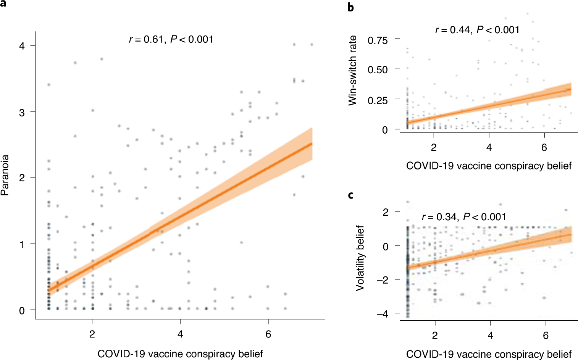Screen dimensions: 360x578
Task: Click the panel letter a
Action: (4, 4)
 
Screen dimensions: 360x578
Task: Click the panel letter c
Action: (350, 195)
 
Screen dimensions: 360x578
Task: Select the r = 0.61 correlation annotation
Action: (171, 39)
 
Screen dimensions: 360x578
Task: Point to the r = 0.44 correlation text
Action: (477, 30)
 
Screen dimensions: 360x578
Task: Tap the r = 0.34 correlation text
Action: (464, 217)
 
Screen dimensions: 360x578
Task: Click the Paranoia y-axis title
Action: (5, 175)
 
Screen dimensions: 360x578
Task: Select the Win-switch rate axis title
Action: (352, 71)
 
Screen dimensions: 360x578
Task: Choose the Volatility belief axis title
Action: (360, 258)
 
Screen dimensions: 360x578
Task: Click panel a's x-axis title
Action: (180, 354)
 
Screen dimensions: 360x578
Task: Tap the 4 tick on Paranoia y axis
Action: (22, 46)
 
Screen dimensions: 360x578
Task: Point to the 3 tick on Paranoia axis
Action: (22, 112)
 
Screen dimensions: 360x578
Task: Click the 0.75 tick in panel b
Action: (377, 40)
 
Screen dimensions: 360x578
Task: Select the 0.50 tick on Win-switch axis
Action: (377, 70)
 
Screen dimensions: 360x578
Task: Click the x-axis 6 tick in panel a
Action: (268, 334)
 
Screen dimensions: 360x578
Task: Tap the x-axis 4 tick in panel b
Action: (489, 148)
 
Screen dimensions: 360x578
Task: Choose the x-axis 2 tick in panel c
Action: (435, 335)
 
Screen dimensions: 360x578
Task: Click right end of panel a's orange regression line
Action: (312, 144)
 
